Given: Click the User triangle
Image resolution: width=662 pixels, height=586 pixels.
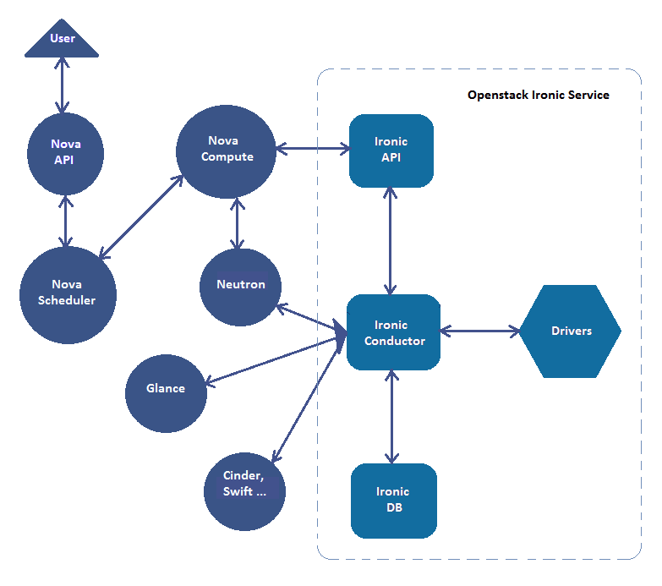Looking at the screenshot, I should click(x=62, y=42).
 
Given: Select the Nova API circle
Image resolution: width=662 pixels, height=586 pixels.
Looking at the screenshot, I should click(x=66, y=152).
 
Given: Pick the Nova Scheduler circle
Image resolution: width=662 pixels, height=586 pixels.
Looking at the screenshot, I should click(x=68, y=293).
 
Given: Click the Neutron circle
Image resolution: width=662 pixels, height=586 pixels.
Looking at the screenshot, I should click(x=240, y=285).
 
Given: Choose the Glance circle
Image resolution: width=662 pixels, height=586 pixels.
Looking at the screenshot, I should click(x=166, y=390).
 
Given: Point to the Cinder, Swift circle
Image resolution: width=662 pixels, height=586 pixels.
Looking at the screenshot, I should click(x=245, y=485).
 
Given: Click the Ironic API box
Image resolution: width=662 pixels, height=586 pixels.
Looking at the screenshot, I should click(x=391, y=150).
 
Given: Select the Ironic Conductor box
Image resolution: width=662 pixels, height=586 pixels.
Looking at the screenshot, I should click(x=394, y=332).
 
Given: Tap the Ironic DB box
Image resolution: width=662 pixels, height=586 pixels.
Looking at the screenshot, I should click(x=394, y=500).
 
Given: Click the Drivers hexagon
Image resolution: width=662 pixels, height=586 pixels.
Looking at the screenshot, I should click(x=571, y=331).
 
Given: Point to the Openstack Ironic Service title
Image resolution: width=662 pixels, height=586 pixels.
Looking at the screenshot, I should click(x=539, y=95).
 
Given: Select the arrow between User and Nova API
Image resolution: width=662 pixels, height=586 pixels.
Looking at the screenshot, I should click(x=61, y=85).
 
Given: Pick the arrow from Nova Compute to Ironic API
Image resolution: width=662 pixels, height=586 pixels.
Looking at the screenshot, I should click(x=313, y=151).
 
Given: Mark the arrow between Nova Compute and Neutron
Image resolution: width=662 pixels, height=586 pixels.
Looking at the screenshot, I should click(x=237, y=224).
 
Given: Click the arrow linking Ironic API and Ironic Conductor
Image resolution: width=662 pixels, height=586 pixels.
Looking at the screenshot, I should click(x=391, y=241).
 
